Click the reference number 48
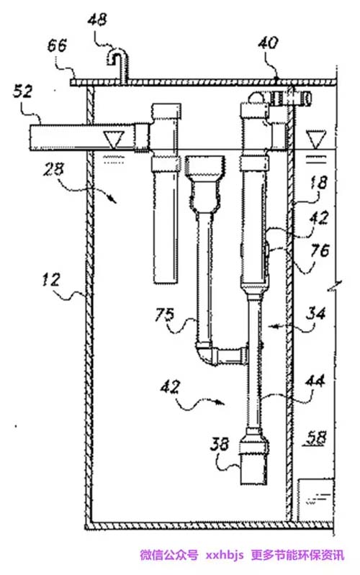pyautogui.click(x=97, y=19)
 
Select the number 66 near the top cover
pyautogui.click(x=58, y=45)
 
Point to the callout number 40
pyautogui.click(x=268, y=42)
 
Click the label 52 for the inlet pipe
pyautogui.click(x=23, y=91)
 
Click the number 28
pyautogui.click(x=53, y=170)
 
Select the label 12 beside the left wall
pyautogui.click(x=50, y=280)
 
